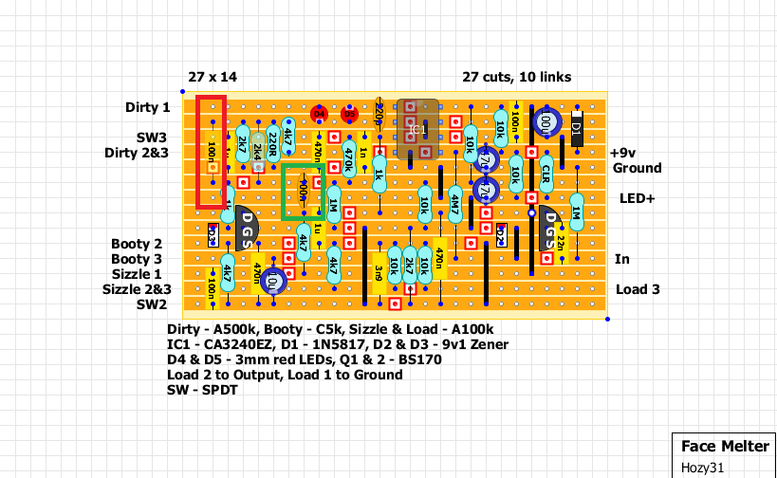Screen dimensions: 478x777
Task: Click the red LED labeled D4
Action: [x=319, y=114]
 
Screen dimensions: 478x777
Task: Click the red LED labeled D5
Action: [x=349, y=114]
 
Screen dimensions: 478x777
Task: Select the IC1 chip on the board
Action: [x=417, y=128]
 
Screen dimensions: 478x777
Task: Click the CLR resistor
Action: [x=546, y=173]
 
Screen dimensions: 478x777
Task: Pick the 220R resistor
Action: [x=273, y=142]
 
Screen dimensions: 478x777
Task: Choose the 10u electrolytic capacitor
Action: [x=273, y=281]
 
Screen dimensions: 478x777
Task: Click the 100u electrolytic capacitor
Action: [x=546, y=122]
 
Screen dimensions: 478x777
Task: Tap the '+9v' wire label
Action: [x=622, y=153]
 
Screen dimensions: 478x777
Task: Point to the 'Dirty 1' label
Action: [x=148, y=107]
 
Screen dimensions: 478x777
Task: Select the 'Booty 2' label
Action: [x=137, y=244]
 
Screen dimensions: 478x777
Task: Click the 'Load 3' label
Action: [x=638, y=289]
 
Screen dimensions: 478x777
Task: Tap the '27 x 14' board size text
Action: [x=212, y=77]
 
